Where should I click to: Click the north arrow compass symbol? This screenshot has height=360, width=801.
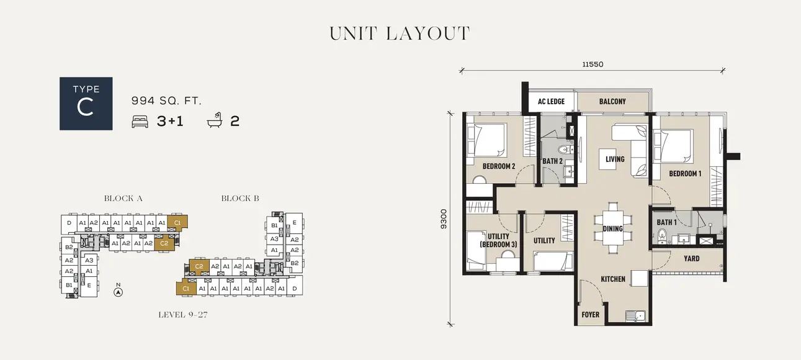pyautogui.click(x=118, y=290)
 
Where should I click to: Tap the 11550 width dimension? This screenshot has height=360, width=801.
pyautogui.click(x=593, y=64)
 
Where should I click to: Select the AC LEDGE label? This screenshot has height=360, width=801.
pyautogui.click(x=551, y=102)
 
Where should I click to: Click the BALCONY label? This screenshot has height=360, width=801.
pyautogui.click(x=612, y=101)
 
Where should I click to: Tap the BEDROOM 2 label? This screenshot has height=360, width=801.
pyautogui.click(x=499, y=166)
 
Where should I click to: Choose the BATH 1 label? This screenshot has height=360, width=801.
pyautogui.click(x=666, y=222)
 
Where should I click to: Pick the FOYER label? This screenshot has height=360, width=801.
pyautogui.click(x=590, y=315)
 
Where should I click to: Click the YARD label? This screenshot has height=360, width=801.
pyautogui.click(x=691, y=259)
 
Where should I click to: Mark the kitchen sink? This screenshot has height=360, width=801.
pyautogui.click(x=636, y=316)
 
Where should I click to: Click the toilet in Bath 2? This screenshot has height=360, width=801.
pyautogui.click(x=563, y=149)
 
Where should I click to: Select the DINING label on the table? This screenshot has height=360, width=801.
pyautogui.click(x=612, y=229)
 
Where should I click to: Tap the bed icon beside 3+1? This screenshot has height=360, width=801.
pyautogui.click(x=140, y=122)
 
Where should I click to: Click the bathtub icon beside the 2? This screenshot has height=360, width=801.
pyautogui.click(x=215, y=121)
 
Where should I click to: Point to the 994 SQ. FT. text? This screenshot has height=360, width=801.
pyautogui.click(x=166, y=101)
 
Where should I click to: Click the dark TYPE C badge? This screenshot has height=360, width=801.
pyautogui.click(x=86, y=104)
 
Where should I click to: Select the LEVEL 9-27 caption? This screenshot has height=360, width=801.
pyautogui.click(x=182, y=315)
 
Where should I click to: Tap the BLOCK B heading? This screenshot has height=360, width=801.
pyautogui.click(x=240, y=199)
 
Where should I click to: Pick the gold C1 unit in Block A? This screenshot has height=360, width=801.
pyautogui.click(x=177, y=222)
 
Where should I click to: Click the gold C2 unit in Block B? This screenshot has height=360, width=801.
pyautogui.click(x=199, y=266)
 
